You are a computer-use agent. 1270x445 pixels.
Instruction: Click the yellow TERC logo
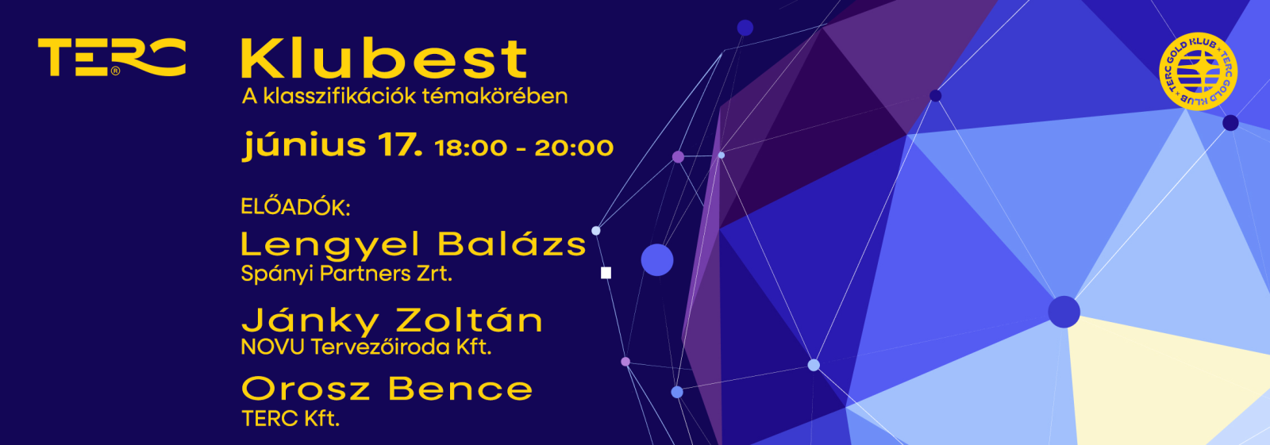coord(112,56)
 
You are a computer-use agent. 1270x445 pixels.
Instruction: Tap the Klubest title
coord(384,59)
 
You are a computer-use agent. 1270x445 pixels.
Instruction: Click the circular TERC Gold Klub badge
coord(1198,71)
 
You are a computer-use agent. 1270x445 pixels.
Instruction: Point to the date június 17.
coord(333,146)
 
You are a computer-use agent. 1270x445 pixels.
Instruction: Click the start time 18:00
coord(471,148)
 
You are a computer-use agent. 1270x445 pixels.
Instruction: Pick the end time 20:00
coord(574,148)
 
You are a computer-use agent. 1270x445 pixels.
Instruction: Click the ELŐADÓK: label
coord(295,207)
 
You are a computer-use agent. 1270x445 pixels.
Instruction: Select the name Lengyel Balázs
coord(414,245)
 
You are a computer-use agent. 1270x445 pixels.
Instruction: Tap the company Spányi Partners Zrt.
coord(346,274)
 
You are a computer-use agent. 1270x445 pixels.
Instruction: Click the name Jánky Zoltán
coord(392,320)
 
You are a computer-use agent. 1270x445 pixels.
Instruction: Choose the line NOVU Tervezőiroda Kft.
coord(366,347)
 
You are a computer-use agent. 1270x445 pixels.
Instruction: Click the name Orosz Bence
coord(387,389)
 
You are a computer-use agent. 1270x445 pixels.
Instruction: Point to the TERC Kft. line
coord(291,419)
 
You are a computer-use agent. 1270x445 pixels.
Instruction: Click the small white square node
coord(606,273)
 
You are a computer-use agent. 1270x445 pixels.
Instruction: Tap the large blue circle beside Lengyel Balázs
coord(657,260)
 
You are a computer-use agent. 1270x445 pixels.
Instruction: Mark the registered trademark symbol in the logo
coord(116,71)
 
